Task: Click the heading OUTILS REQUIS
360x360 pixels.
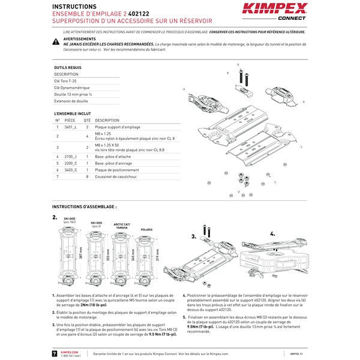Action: click(67, 68)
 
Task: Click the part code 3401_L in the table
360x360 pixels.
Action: click(71, 127)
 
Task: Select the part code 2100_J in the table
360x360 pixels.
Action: click(71, 156)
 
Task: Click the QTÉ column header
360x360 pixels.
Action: click(87, 120)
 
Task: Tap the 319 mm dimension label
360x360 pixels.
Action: click(157, 256)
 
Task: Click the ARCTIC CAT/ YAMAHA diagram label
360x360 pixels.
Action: click(122, 227)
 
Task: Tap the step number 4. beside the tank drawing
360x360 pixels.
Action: click(272, 233)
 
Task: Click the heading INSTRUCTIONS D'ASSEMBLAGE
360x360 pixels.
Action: click(84, 206)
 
